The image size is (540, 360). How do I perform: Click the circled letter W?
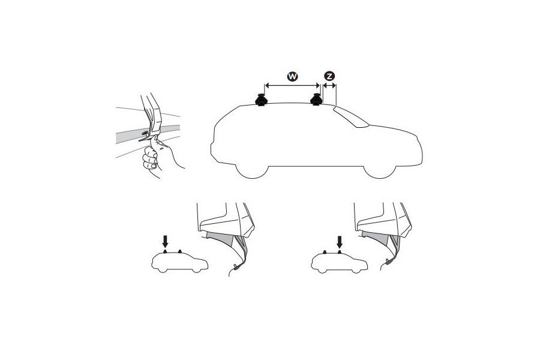coord(292,76)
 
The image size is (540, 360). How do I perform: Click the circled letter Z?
coord(329,76)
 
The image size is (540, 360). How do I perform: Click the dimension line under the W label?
coord(292,86)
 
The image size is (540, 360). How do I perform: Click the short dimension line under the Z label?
coord(329,86)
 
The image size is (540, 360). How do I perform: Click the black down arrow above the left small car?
coord(166,241)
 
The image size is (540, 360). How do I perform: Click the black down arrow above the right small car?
coord(340,241)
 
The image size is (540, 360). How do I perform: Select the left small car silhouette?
coord(180,262)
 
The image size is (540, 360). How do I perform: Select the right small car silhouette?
coord(340,262)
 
